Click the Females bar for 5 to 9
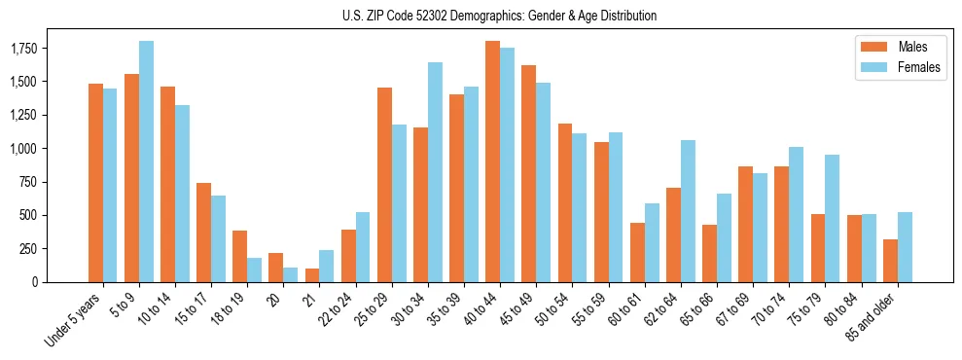click(x=146, y=162)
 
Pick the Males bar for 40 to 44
click(x=493, y=162)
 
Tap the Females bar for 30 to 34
click(x=435, y=172)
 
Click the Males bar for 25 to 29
click(x=385, y=185)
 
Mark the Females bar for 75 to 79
click(x=832, y=218)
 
